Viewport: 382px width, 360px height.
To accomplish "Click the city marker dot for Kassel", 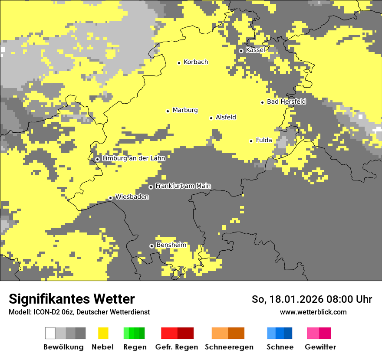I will coord(241,51).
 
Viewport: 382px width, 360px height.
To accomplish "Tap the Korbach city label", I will coord(196,62).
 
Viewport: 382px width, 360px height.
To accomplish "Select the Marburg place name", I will coord(185,110).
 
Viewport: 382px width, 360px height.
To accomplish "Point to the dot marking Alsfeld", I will coord(211,118).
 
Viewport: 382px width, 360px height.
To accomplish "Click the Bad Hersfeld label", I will coord(286,101).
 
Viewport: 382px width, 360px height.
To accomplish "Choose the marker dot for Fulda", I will coord(251,141).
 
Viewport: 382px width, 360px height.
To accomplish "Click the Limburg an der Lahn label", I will coord(133,158).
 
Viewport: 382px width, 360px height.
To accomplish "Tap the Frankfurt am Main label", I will coord(183,186).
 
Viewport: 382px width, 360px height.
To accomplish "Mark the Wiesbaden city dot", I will coord(111,198).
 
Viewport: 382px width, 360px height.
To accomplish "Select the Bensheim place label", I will coord(171,245).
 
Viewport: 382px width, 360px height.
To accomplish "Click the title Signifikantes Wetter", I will coord(72,299).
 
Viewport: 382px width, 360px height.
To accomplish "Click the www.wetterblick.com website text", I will coord(313,312).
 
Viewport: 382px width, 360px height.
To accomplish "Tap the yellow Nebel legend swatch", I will coord(103,333).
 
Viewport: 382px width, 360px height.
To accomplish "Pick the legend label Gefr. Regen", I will coord(177,347).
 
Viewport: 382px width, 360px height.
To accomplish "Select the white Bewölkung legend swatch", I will coord(50,333).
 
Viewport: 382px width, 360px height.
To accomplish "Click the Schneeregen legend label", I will coord(229,347).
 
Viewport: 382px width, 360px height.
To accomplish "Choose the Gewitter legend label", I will coord(320,347).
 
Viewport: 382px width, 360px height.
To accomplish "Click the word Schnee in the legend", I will coord(280,347).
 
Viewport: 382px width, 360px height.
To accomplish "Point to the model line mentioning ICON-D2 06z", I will coord(79,312).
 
